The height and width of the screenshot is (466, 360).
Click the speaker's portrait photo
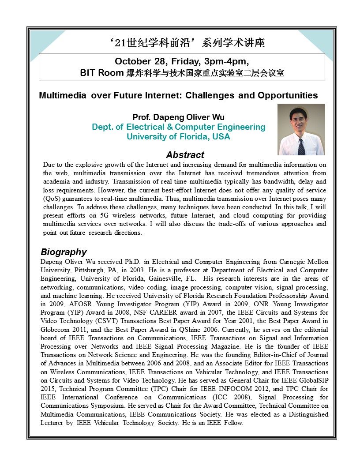click(301, 129)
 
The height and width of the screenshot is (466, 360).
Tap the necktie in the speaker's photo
click(301, 147)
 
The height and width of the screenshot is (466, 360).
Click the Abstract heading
click(185, 155)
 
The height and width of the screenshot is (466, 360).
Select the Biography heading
click(64, 252)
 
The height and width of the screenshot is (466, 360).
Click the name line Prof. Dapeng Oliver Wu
click(178, 117)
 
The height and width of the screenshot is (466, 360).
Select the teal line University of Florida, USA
click(178, 137)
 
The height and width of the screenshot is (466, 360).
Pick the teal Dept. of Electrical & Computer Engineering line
click(178, 127)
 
